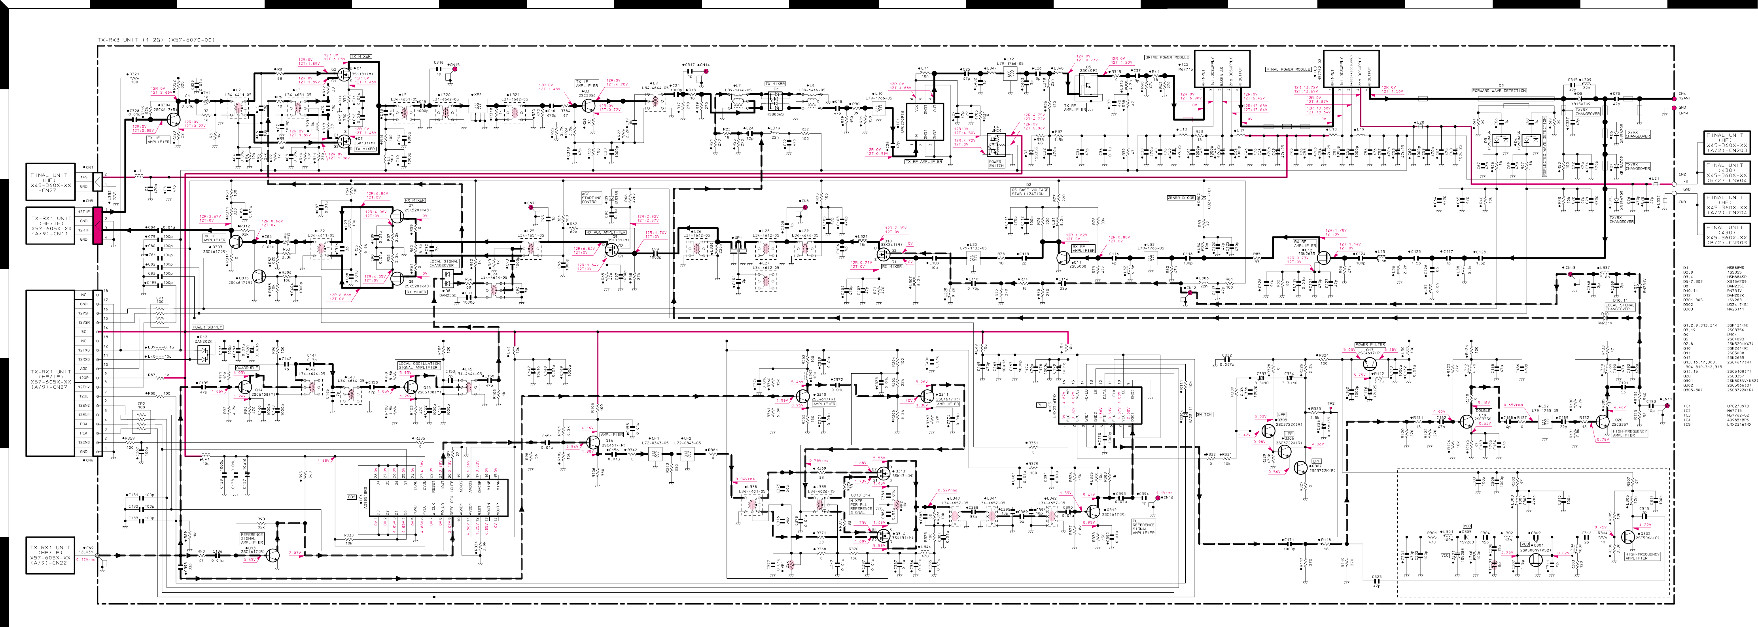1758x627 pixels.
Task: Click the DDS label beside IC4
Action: click(x=352, y=497)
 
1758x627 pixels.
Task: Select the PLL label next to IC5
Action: click(x=1041, y=404)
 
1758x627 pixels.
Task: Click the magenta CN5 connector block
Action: click(x=98, y=226)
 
